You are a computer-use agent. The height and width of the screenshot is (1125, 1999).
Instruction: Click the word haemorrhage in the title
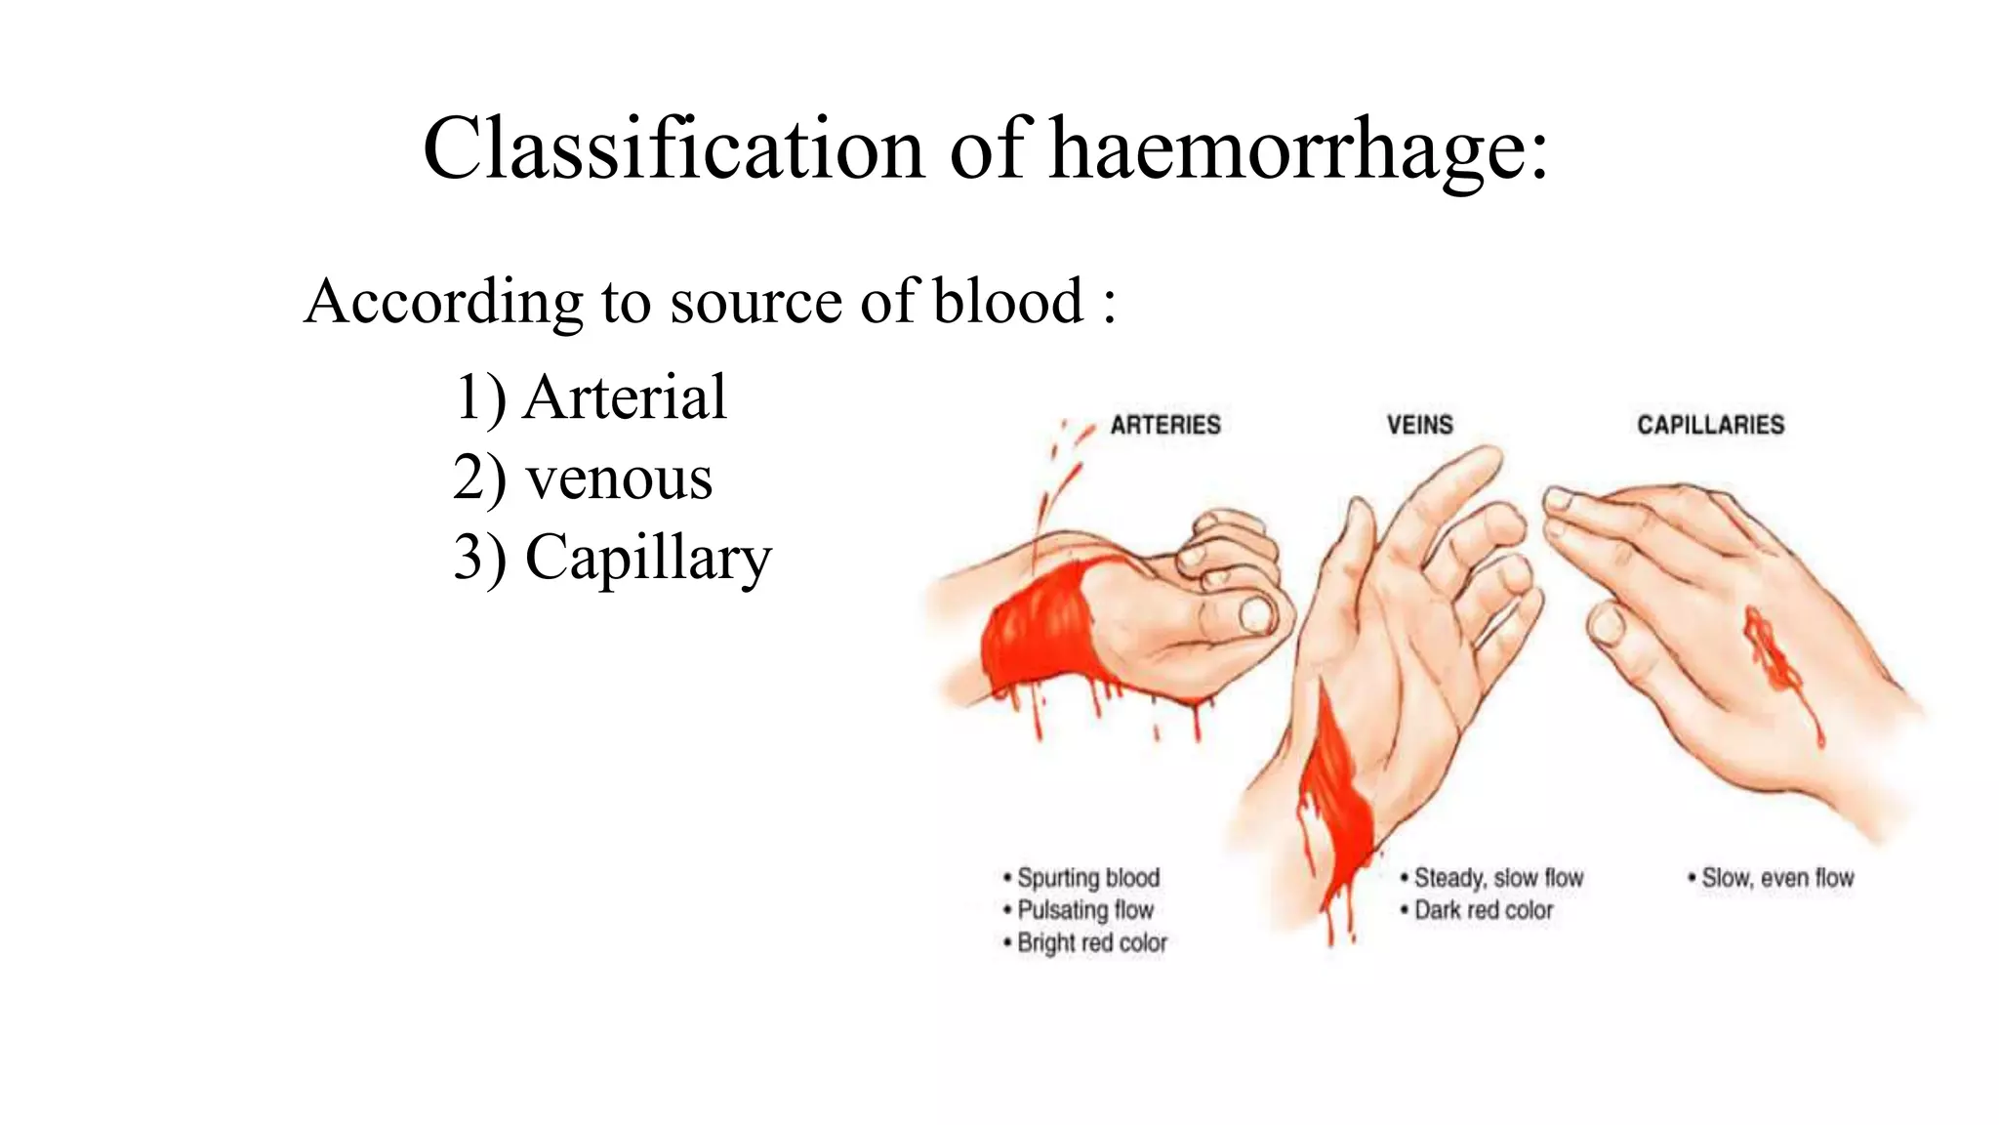[x=1297, y=148]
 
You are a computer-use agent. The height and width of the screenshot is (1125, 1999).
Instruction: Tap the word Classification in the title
[x=673, y=148]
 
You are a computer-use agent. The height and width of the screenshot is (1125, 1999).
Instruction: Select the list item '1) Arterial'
[x=591, y=397]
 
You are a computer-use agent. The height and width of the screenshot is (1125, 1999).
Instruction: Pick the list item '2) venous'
[x=583, y=478]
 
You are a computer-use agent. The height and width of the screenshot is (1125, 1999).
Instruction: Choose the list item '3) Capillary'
[x=612, y=558]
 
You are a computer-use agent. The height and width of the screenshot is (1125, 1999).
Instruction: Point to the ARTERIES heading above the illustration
[x=1165, y=425]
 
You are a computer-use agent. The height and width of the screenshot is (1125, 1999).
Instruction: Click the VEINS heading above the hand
[x=1420, y=425]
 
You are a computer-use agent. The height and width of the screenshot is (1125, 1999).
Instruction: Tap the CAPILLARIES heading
[x=1710, y=425]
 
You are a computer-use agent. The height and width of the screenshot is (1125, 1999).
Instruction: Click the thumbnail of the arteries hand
[x=1256, y=614]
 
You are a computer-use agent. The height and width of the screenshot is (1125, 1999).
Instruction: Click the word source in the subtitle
[x=757, y=300]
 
